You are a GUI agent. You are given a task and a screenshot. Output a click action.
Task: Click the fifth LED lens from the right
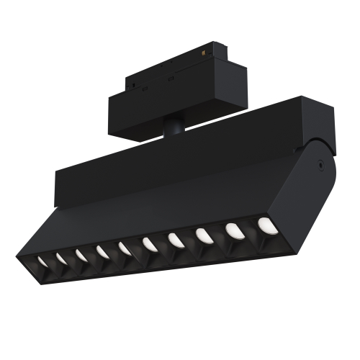coord(149,244)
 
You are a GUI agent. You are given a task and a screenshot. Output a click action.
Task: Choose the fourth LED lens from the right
coord(175,239)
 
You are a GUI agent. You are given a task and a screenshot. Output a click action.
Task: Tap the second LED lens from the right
coord(233,230)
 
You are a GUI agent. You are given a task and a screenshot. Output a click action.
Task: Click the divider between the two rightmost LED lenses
coord(249,229)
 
